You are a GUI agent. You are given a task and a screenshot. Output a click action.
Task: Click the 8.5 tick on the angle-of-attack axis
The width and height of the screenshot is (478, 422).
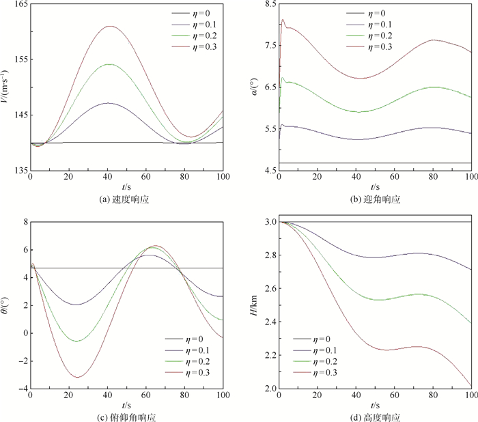pyautogui.click(x=268, y=5)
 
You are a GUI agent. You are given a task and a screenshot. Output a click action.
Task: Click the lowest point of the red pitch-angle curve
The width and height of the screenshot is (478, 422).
pyautogui.click(x=79, y=377)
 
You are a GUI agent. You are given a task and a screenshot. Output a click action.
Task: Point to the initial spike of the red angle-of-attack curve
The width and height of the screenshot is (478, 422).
pyautogui.click(x=283, y=20)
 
